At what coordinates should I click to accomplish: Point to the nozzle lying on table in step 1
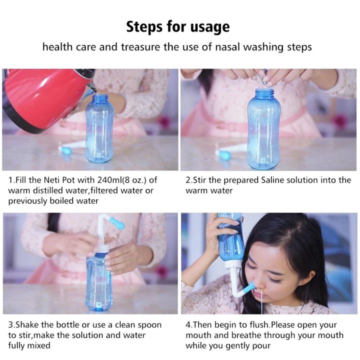pyautogui.click(x=71, y=148)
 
